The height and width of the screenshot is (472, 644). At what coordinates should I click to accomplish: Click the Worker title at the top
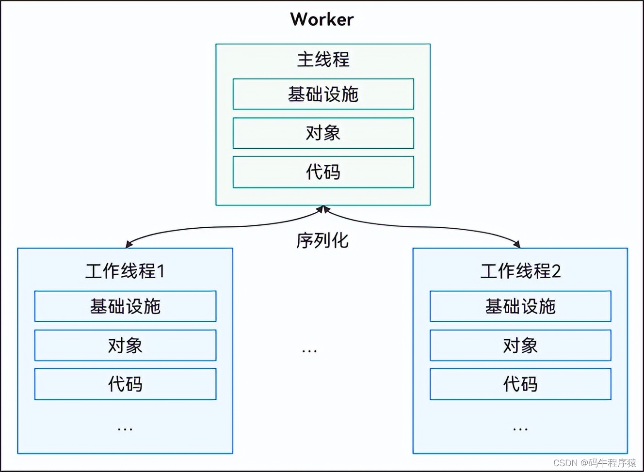pyautogui.click(x=322, y=19)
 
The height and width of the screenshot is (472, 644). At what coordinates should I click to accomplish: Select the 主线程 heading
pyautogui.click(x=323, y=60)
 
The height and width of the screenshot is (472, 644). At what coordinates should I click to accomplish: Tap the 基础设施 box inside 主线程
pyautogui.click(x=323, y=94)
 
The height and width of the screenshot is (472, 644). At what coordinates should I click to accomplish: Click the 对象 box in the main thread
pyautogui.click(x=323, y=133)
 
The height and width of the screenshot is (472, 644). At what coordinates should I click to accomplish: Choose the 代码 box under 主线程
pyautogui.click(x=323, y=172)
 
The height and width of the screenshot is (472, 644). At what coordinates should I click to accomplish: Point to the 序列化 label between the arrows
pyautogui.click(x=322, y=240)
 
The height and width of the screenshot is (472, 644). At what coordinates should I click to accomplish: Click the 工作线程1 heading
pyautogui.click(x=125, y=271)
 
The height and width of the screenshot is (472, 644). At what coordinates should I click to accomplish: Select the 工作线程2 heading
pyautogui.click(x=520, y=271)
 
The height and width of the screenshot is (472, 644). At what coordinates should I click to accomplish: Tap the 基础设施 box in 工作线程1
pyautogui.click(x=125, y=306)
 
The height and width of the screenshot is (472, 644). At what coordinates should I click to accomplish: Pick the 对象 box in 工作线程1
pyautogui.click(x=125, y=346)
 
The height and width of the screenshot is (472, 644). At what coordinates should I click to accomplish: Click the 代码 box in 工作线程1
pyautogui.click(x=125, y=384)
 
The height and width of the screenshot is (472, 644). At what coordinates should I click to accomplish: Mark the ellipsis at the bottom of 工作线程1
pyautogui.click(x=125, y=429)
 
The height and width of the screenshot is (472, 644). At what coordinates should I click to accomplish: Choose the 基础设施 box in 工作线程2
pyautogui.click(x=521, y=306)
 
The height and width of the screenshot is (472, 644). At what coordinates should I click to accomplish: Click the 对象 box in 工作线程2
pyautogui.click(x=521, y=346)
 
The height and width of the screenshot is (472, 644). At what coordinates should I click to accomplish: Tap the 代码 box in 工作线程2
pyautogui.click(x=521, y=384)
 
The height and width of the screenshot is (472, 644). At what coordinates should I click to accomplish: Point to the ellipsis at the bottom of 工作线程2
pyautogui.click(x=520, y=429)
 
